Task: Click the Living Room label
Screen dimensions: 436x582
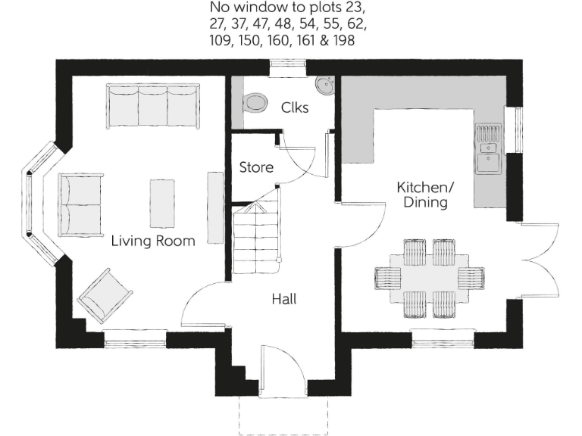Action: click(153, 241)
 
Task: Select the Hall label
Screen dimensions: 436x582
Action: click(283, 299)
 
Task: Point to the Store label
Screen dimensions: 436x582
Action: click(256, 167)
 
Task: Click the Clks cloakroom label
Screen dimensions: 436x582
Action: click(294, 107)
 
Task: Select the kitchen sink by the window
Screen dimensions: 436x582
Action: click(488, 148)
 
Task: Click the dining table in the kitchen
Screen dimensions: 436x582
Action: click(429, 278)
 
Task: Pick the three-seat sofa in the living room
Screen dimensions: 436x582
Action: click(152, 106)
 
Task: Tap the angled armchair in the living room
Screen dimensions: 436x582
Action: click(106, 296)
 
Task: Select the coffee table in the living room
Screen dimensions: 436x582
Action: click(161, 203)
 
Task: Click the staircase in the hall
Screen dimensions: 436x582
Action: click(256, 238)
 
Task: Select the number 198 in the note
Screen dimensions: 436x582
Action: click(342, 41)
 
